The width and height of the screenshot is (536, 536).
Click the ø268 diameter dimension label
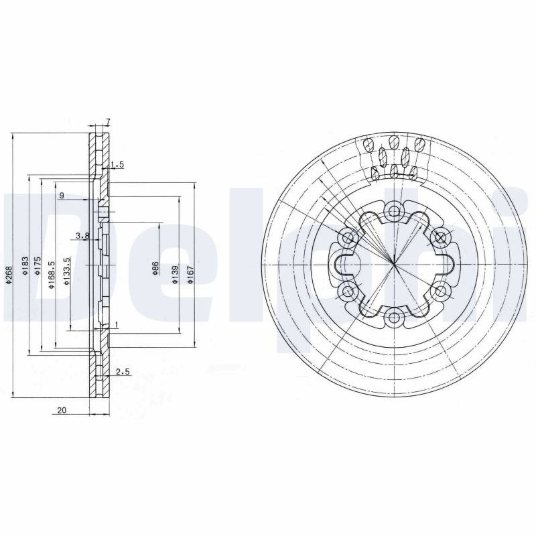(x=9, y=275)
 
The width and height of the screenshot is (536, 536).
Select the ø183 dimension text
(x=25, y=266)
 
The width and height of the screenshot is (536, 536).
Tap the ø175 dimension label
(x=38, y=266)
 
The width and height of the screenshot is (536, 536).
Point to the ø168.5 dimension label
(x=52, y=275)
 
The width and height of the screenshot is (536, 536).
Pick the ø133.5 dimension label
(x=67, y=271)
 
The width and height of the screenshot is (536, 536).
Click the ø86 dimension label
(x=155, y=269)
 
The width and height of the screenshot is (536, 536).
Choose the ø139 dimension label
(x=175, y=275)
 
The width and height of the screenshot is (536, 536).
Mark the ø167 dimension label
(x=190, y=275)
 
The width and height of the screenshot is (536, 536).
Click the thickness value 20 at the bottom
(x=62, y=410)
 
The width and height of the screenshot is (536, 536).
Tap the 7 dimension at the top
(x=108, y=121)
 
